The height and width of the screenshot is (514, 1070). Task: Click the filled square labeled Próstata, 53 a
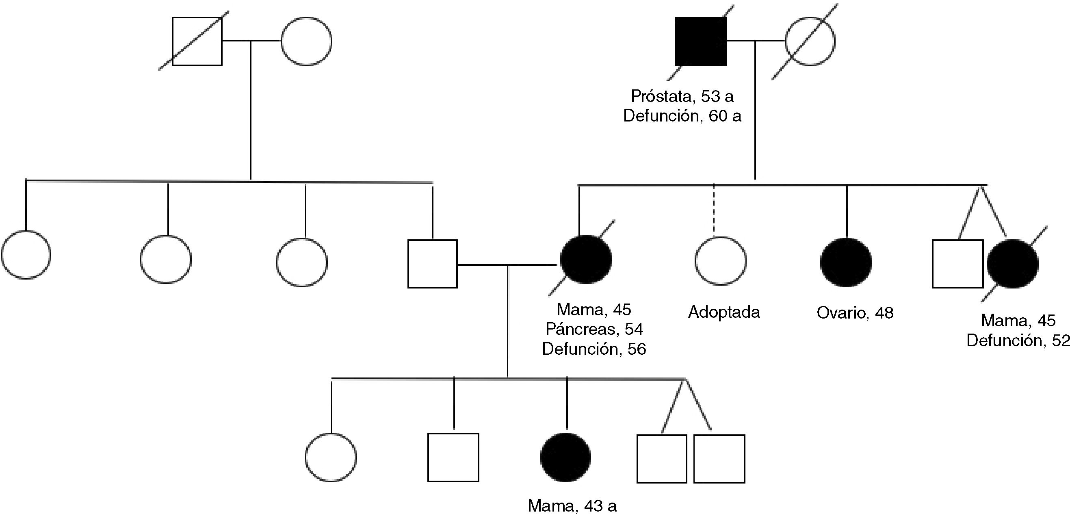pos(700,41)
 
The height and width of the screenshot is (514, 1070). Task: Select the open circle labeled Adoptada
pos(720,261)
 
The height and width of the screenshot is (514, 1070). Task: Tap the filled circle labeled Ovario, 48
pos(846,262)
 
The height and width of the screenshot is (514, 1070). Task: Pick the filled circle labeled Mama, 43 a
pos(565,457)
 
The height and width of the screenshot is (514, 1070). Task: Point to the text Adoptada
pos(724,312)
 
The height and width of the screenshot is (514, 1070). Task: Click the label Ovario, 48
pos(855,313)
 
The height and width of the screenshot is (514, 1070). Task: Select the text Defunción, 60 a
pos(682,116)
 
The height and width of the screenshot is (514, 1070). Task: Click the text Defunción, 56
pos(594,349)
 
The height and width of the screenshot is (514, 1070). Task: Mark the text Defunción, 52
pos(1018,341)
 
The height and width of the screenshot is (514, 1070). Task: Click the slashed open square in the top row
pos(197,41)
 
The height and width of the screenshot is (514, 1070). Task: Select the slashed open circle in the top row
pos(810,41)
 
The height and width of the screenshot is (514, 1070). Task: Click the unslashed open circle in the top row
pos(306,41)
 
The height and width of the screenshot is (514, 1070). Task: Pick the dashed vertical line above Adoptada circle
pos(714,210)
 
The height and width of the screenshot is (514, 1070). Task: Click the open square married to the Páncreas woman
pos(432,264)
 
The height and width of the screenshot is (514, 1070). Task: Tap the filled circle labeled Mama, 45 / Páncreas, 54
pos(586,260)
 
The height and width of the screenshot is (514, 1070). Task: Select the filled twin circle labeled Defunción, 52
pos(1012,264)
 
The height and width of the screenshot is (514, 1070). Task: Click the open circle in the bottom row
pos(331,457)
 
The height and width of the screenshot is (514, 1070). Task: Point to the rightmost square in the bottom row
pos(719,459)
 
